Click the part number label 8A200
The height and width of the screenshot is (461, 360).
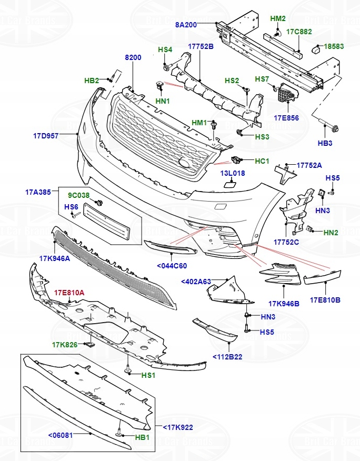[186, 25]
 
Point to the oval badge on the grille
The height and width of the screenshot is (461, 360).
[186, 164]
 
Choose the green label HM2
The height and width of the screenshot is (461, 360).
[277, 18]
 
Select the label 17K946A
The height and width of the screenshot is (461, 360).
[54, 259]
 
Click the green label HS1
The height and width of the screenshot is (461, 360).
[148, 375]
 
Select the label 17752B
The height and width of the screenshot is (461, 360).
[201, 46]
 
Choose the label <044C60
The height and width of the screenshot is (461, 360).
[172, 266]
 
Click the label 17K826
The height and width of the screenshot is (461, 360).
[65, 345]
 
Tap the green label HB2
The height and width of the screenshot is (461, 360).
[92, 81]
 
